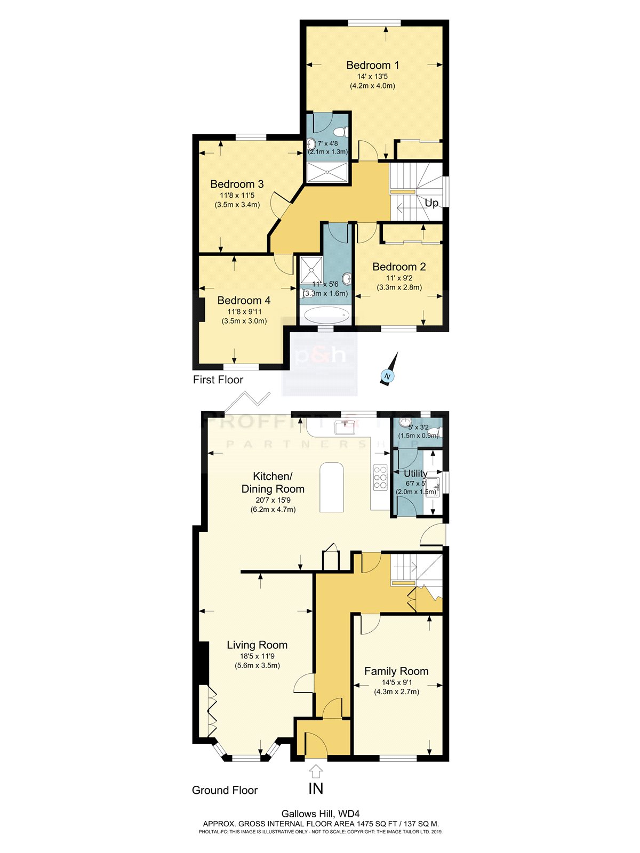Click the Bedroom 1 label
tap(372, 65)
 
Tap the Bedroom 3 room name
tap(237, 184)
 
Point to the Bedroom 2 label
tap(399, 267)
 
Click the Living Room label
tap(257, 645)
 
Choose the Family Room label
tap(396, 671)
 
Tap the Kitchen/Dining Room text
tap(273, 482)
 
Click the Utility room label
tap(415, 473)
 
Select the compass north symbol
tap(388, 376)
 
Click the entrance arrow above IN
tap(316, 771)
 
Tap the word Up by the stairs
tap(431, 203)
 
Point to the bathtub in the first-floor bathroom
tap(325, 315)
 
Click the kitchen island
tap(332, 487)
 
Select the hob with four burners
tap(380, 478)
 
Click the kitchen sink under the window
tap(344, 427)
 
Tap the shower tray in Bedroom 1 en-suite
tap(327, 172)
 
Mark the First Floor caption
tap(218, 380)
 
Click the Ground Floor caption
tap(225, 790)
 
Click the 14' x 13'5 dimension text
tap(372, 77)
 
